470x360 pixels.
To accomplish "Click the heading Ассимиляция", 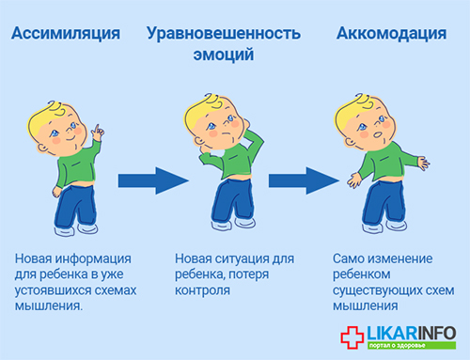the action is pos(66,34).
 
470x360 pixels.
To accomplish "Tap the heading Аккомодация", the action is pos(391,34).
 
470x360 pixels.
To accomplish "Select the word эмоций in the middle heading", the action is pos(224,55).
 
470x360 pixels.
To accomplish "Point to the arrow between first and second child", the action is pos(153,180).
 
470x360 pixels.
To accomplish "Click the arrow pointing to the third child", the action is pos(304,180).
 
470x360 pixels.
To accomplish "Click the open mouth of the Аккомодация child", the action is pos(378,135).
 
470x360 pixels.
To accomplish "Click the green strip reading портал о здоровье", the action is pos(412,345).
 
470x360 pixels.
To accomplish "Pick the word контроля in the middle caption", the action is pos(202,290).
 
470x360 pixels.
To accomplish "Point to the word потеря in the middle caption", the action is pos(248,274).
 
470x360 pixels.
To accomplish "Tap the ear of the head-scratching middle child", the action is pos(199,141).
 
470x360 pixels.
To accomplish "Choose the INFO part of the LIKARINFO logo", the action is pos(436,333).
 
